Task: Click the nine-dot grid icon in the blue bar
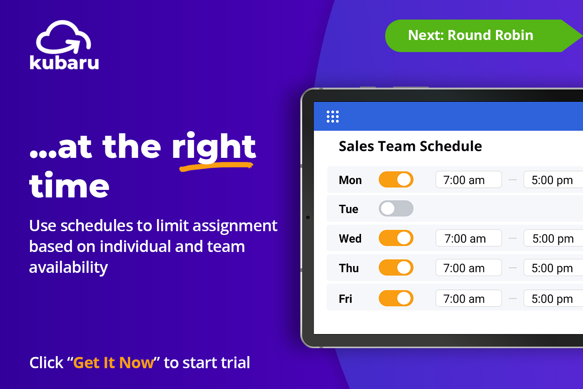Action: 332,117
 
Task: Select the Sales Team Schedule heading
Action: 410,146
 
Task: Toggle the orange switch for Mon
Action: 396,180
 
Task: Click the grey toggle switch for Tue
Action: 396,209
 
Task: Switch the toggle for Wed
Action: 396,238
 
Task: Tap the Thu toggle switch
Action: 396,268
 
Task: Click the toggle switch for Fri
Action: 396,298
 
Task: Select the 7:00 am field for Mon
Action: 468,180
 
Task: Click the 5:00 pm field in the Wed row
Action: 553,238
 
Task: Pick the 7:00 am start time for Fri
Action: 468,299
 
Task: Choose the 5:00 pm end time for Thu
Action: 553,268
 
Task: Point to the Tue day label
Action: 349,209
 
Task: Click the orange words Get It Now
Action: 113,363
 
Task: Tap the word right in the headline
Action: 214,147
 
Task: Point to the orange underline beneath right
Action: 216,167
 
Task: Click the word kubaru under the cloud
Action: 64,62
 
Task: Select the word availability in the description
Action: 68,267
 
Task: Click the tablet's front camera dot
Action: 308,217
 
